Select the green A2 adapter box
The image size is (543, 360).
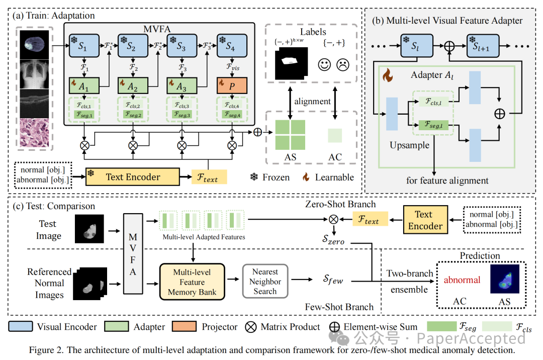(x=133, y=86)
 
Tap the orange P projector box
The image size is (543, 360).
(x=232, y=86)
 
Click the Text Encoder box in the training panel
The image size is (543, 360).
(x=133, y=177)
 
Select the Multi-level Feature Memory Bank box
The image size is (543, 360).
(x=192, y=282)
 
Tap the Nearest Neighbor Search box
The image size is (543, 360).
(x=265, y=282)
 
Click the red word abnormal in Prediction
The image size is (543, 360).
(x=462, y=280)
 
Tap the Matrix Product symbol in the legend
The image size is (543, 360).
(x=250, y=327)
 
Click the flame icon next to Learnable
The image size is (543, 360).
(x=305, y=177)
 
